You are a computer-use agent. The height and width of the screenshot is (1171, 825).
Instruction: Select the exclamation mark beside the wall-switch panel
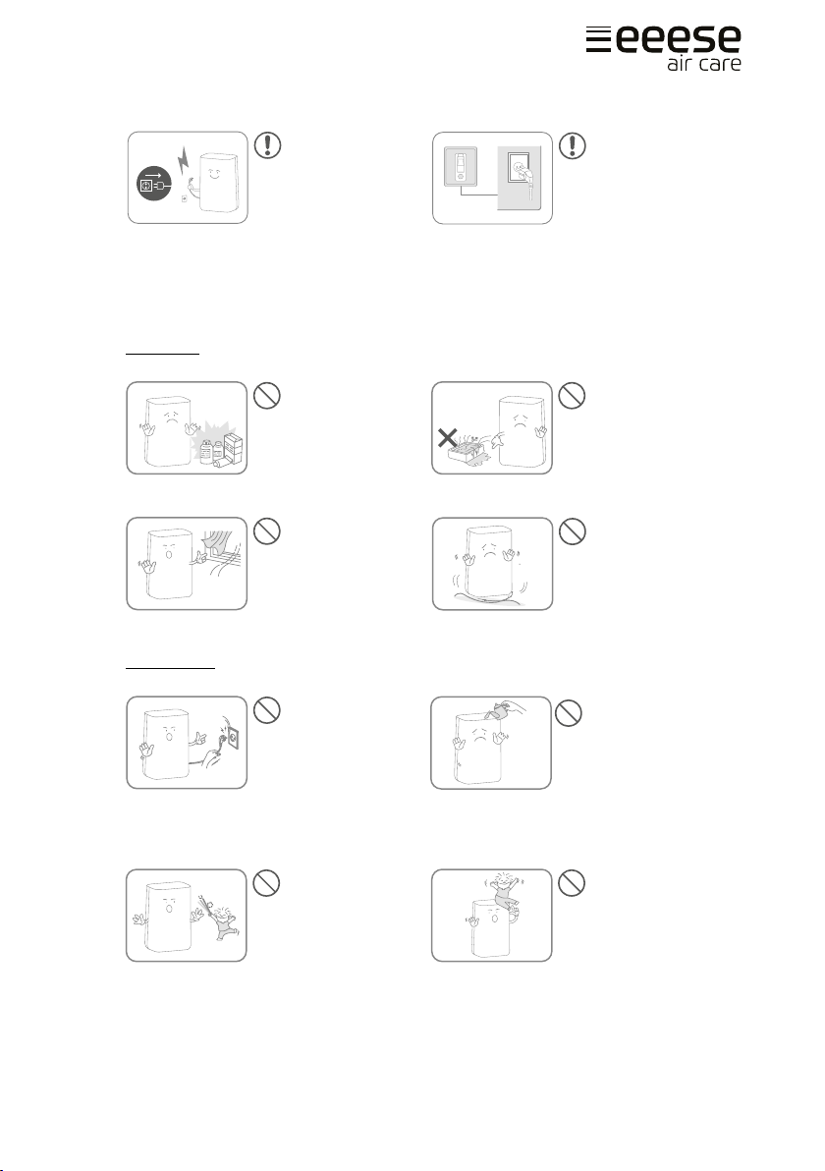573,145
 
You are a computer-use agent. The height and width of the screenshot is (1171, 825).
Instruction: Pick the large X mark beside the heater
447,437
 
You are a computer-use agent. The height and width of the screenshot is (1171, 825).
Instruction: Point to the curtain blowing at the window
219,540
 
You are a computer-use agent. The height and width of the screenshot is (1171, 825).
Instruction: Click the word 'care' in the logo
721,63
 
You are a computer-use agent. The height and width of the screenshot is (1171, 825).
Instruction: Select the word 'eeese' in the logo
678,39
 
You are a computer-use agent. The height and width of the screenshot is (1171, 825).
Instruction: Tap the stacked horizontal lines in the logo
598,39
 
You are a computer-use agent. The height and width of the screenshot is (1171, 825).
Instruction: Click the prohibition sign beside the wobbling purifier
572,531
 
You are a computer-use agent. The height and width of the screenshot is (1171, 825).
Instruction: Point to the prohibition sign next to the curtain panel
266,531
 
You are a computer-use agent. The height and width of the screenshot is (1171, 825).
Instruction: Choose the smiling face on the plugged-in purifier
213,177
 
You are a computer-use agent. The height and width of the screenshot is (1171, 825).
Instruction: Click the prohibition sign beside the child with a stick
266,883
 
